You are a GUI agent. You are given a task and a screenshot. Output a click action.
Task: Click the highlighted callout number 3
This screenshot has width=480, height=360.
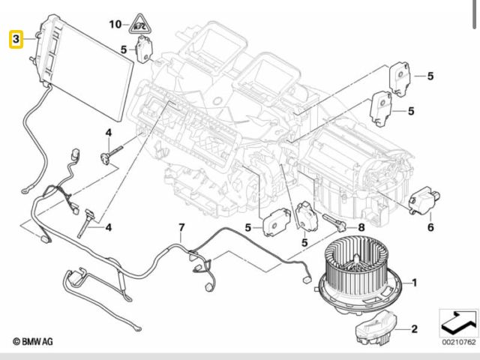16,39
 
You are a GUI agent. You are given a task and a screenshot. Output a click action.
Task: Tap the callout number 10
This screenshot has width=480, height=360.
115,24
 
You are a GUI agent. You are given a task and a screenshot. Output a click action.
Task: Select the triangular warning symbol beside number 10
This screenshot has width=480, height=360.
140,24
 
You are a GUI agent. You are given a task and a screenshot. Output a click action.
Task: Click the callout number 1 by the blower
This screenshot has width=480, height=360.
415,283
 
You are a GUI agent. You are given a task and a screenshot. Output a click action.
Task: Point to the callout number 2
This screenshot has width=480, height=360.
414,328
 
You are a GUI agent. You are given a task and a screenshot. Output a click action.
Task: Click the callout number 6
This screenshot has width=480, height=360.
430,227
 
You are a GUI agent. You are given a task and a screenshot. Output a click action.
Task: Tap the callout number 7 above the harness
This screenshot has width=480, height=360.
181,228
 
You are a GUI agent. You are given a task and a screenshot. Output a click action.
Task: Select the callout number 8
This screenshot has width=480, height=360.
361,227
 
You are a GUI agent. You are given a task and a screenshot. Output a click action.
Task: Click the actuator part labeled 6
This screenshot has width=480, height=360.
424,200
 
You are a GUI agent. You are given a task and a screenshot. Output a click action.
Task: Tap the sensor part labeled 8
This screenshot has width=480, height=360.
334,222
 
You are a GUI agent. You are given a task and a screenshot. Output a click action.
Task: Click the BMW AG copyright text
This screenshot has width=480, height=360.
33,341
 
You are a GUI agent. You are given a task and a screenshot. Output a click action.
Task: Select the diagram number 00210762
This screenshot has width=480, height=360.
459,342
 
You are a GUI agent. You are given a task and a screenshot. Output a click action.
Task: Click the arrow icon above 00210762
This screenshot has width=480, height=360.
458,322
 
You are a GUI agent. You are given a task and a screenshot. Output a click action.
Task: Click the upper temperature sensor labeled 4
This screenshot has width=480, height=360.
111,154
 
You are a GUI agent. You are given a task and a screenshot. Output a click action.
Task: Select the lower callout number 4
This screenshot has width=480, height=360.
108,227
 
